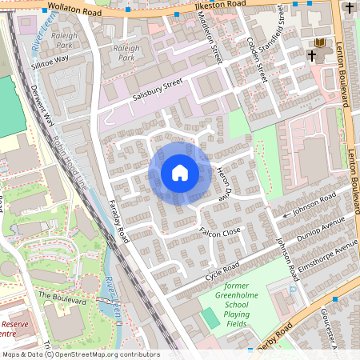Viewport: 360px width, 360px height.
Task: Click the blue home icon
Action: [x=179, y=173]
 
